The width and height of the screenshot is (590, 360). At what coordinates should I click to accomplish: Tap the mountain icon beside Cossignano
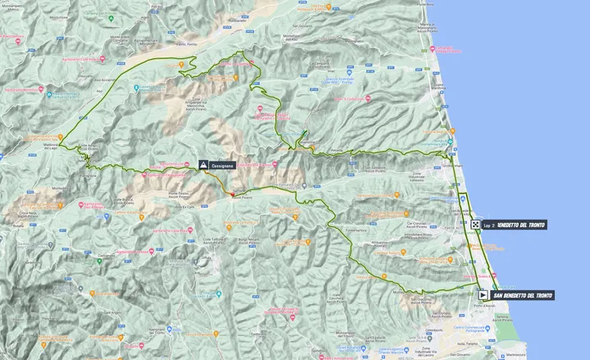(202, 165)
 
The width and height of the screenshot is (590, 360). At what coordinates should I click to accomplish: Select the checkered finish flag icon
(476, 225)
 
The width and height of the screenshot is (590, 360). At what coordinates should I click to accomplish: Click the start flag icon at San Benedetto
(483, 294)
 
